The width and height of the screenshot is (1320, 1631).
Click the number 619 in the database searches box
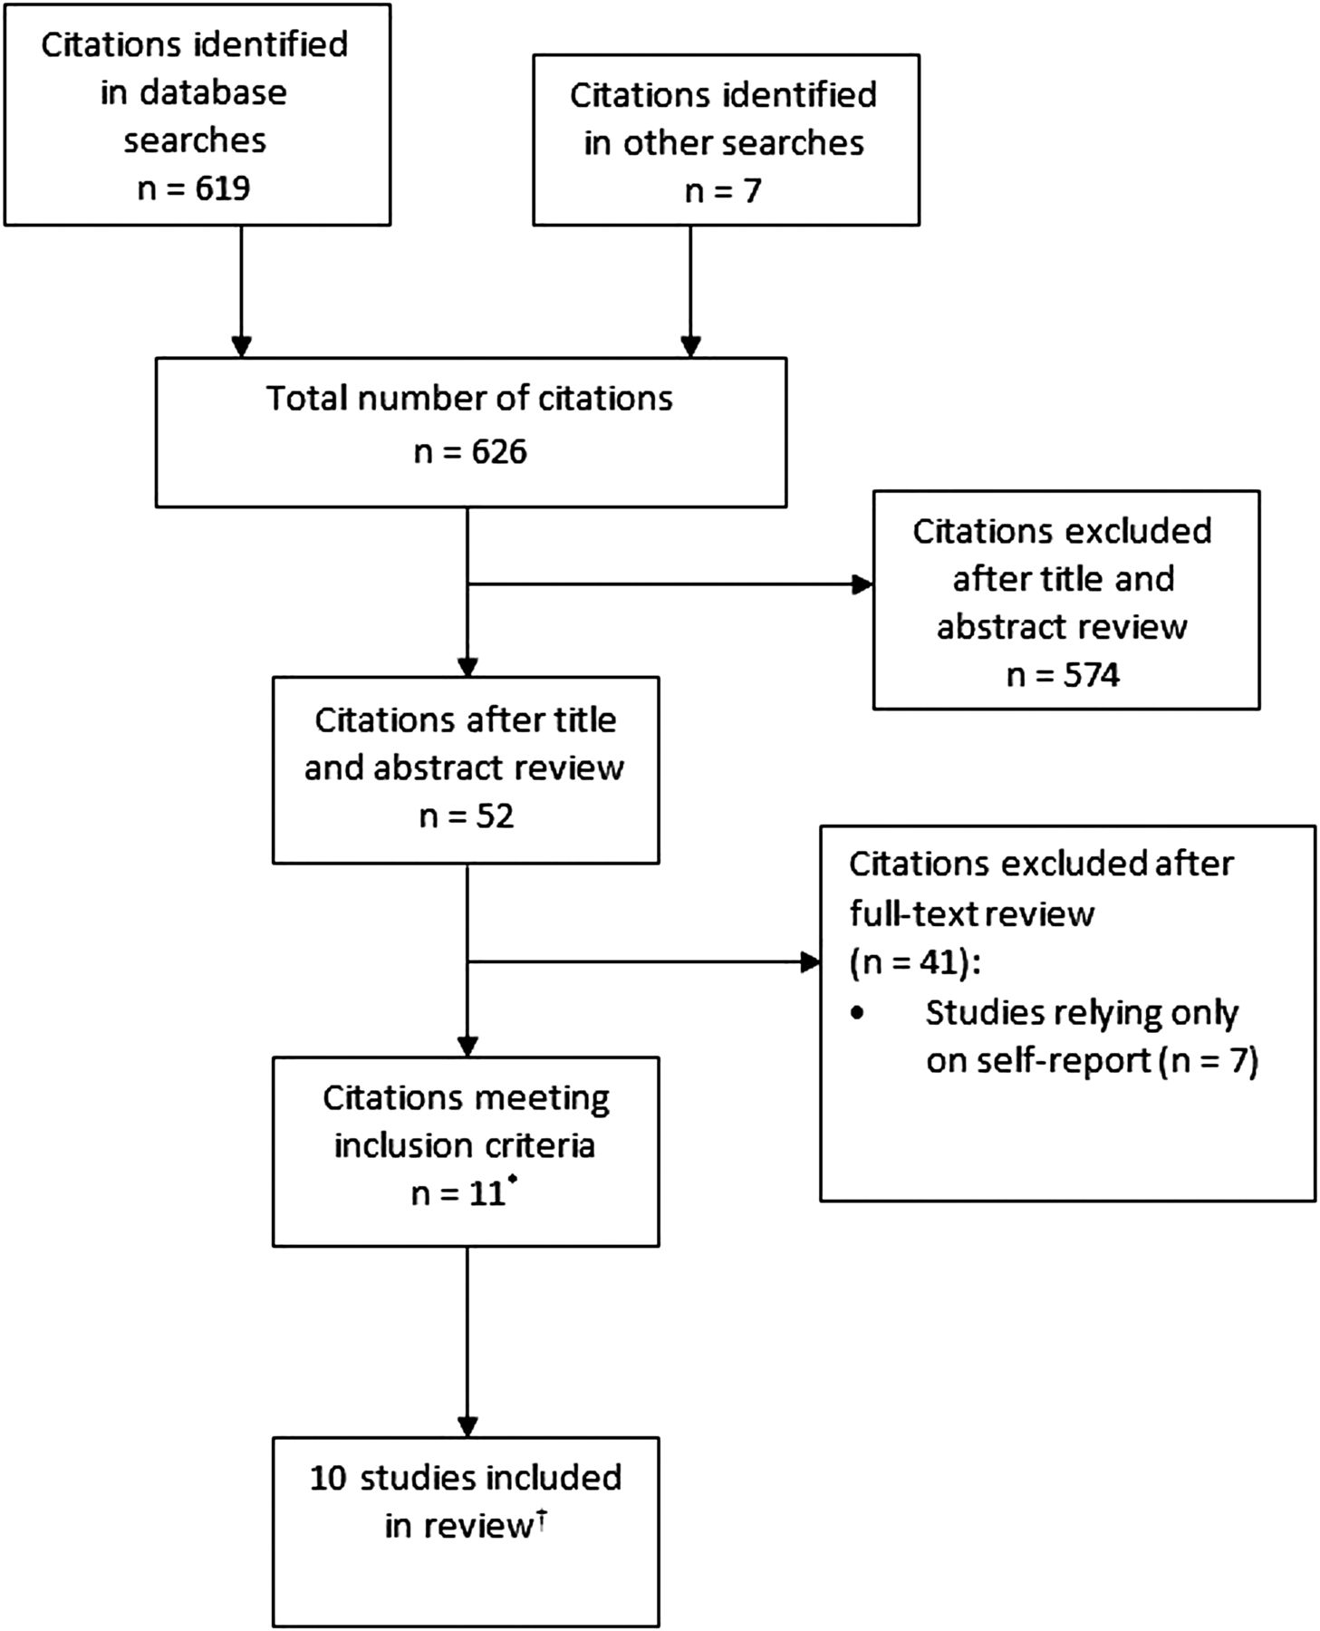223,188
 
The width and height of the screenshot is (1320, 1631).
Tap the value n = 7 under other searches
723,191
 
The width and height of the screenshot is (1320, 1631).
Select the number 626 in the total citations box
499,451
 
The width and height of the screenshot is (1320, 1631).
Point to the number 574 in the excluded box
1092,675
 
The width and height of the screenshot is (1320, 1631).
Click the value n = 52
466,815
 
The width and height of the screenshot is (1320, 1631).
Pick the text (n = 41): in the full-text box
915,962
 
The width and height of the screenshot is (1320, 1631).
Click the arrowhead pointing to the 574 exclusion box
862,584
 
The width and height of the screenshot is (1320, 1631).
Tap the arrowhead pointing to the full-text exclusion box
809,962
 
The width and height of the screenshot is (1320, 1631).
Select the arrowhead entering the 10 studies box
467,1426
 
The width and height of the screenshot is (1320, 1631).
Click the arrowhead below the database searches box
241,347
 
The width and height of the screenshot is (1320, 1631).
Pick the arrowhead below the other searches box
690,347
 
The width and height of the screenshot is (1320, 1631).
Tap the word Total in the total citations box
302,399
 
